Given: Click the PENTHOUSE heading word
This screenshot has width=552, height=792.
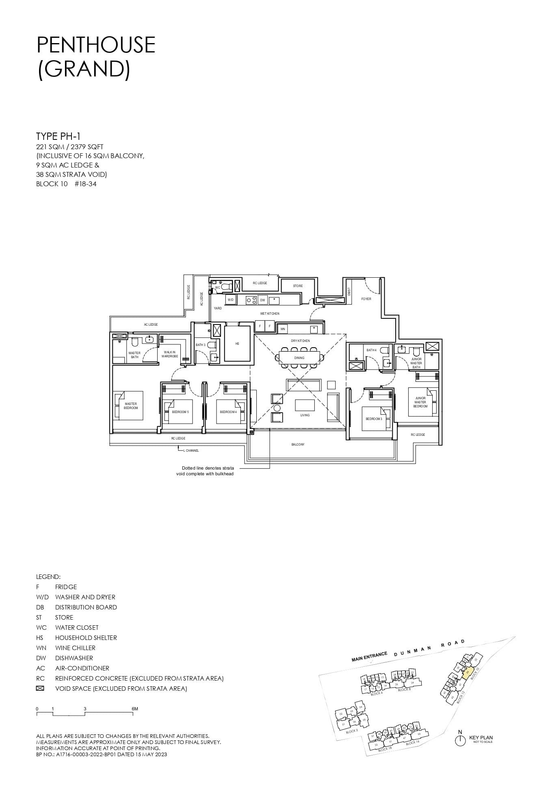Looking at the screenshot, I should pyautogui.click(x=96, y=45).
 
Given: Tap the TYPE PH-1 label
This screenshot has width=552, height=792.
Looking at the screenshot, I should pyautogui.click(x=58, y=136).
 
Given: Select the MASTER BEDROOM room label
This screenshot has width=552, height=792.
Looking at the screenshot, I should pyautogui.click(x=131, y=406).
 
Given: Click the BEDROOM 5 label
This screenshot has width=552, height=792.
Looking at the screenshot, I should pyautogui.click(x=180, y=412).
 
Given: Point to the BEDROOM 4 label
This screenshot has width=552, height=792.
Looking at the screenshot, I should pyautogui.click(x=228, y=412).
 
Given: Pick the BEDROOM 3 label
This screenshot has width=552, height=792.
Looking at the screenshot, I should pyautogui.click(x=374, y=419).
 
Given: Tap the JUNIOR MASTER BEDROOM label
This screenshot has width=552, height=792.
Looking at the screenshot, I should pyautogui.click(x=420, y=402).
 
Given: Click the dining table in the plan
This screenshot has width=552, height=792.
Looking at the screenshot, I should pyautogui.click(x=299, y=358).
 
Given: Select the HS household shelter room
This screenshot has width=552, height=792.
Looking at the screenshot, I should pyautogui.click(x=238, y=344).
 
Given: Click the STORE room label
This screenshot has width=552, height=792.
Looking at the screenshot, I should pyautogui.click(x=298, y=286).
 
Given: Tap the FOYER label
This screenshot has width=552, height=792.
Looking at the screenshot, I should pyautogui.click(x=366, y=299).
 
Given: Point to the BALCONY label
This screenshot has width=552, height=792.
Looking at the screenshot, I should pyautogui.click(x=298, y=444).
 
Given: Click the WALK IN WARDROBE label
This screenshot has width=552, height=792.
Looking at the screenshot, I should pyautogui.click(x=170, y=354).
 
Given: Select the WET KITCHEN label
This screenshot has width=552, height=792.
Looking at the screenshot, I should pyautogui.click(x=270, y=313).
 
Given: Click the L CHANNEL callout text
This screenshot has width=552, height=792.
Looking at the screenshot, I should pyautogui.click(x=190, y=450).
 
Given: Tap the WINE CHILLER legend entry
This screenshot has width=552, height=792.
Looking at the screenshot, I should pyautogui.click(x=75, y=648).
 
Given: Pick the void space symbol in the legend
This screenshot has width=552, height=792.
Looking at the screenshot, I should pyautogui.click(x=40, y=688).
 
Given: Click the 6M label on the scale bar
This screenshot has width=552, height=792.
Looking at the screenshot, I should pyautogui.click(x=135, y=709).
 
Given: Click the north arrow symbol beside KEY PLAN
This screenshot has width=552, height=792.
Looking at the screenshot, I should pyautogui.click(x=460, y=740).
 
